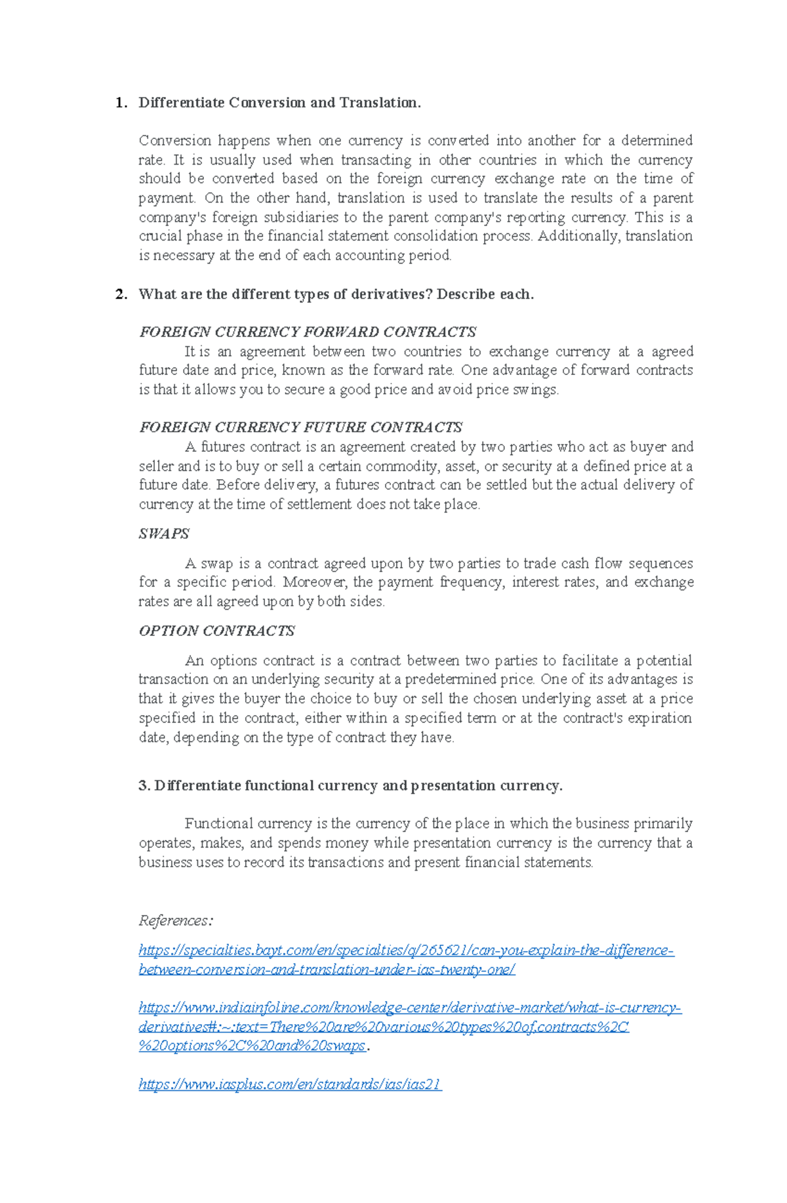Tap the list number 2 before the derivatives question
119,294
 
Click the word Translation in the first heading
379,103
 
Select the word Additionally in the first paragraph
578,236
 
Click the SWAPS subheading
164,534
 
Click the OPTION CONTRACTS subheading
217,631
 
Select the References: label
176,920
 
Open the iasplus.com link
291,1084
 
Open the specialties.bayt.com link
406,950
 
